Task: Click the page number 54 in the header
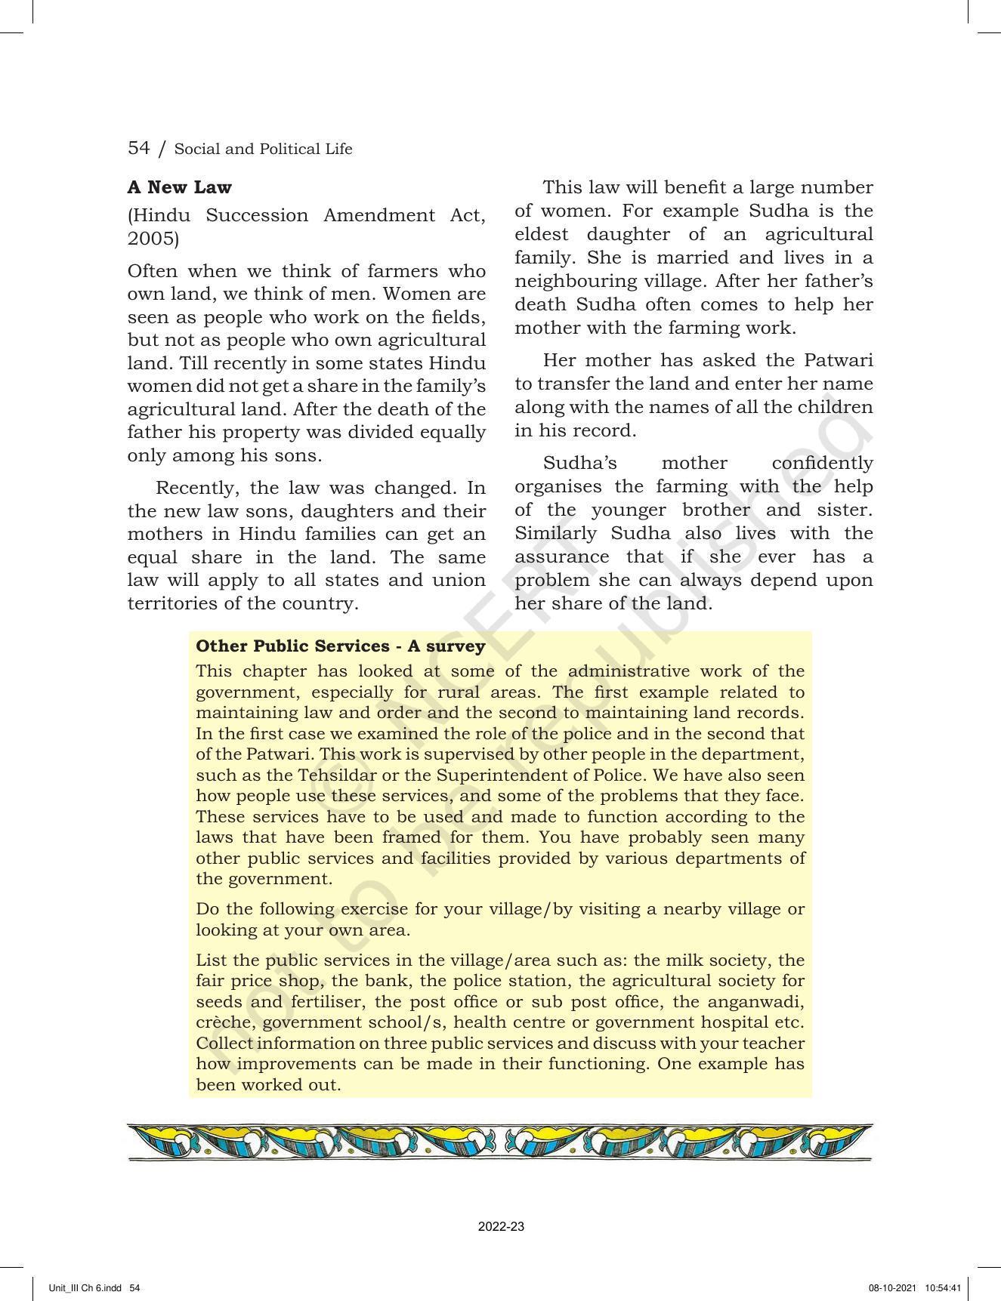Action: pos(139,148)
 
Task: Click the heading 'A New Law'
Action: pos(180,187)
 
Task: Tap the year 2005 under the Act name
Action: pos(153,239)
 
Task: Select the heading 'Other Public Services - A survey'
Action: pos(340,646)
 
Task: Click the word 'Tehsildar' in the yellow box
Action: pos(334,775)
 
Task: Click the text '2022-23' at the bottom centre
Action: pos(500,1227)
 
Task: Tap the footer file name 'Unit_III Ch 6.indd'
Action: pos(85,1287)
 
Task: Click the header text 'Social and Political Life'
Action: pos(263,150)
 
